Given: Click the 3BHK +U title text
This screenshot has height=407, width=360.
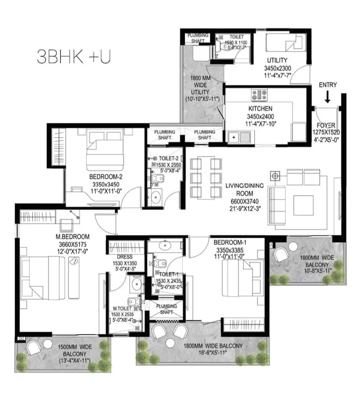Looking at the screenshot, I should click(74, 57).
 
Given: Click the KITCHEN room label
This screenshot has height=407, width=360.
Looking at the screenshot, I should click(261, 109).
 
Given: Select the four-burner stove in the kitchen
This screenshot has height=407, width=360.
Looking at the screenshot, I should click(259, 94).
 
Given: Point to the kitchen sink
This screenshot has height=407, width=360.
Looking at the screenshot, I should click(239, 137).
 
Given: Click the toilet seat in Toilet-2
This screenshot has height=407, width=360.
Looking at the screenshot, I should click(159, 178).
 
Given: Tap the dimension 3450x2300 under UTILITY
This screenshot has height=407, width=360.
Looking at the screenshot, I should click(277, 68).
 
